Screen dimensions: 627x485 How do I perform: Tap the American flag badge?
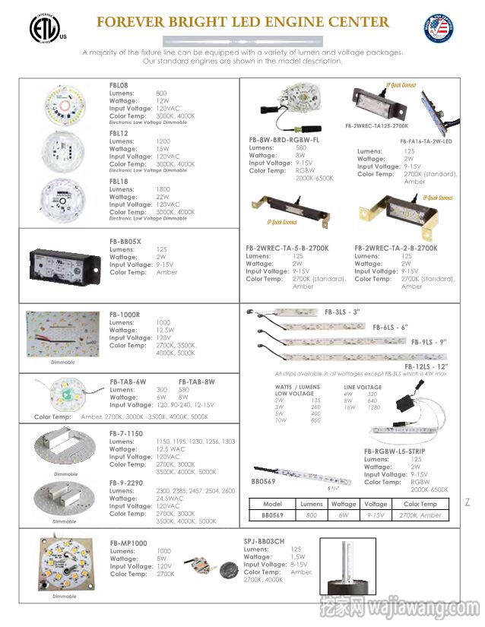pyautogui.click(x=446, y=30)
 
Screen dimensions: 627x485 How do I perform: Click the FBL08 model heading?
pyautogui.click(x=119, y=86)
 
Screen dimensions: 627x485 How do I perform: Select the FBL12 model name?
pyautogui.click(x=119, y=134)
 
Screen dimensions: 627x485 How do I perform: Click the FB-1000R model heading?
pyautogui.click(x=125, y=315)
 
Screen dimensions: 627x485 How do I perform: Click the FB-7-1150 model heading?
pyautogui.click(x=126, y=433)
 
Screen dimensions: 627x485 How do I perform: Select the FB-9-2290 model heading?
pyautogui.click(x=126, y=483)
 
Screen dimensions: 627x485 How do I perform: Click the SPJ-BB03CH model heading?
pyautogui.click(x=264, y=541)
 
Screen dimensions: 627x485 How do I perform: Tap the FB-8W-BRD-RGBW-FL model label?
pyautogui.click(x=284, y=140)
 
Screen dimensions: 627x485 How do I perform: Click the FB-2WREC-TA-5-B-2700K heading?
pyautogui.click(x=287, y=248)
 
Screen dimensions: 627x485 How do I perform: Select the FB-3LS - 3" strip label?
pyautogui.click(x=342, y=312)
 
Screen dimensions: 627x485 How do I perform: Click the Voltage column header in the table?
pyautogui.click(x=375, y=504)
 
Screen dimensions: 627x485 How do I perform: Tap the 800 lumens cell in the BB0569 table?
pyautogui.click(x=312, y=515)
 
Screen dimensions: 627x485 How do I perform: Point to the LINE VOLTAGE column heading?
pyautogui.click(x=363, y=388)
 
